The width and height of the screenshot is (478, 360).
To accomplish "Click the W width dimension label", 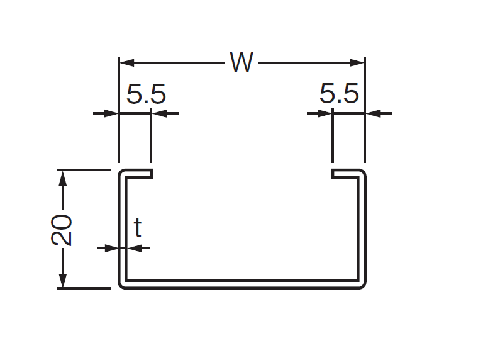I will tap(242, 62).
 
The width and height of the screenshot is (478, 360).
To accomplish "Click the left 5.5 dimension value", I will tap(146, 95).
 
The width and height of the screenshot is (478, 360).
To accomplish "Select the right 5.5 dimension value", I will tap(339, 95).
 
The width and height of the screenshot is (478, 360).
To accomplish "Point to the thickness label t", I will tap(138, 228).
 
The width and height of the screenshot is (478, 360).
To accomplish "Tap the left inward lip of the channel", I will tap(138, 174).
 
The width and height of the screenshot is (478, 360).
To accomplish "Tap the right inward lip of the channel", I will tap(345, 174).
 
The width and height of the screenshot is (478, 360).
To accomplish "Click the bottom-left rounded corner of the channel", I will tap(122, 284).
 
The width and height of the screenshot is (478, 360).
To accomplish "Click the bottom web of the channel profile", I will tap(242, 284).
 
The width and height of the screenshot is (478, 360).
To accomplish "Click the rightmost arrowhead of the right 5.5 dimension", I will tap(373, 113).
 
